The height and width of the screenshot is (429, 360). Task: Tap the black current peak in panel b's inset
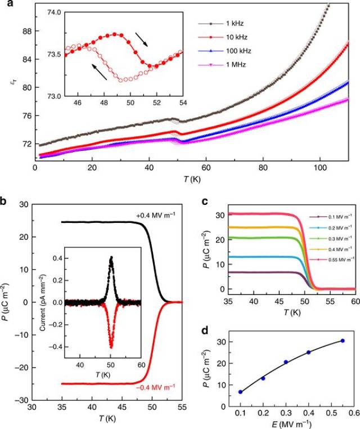111,258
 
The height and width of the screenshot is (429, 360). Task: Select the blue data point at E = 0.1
241,392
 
